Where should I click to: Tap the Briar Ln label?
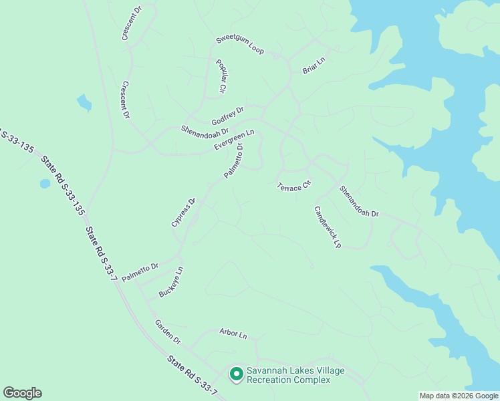pyautogui.click(x=313, y=65)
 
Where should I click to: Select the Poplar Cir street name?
pyautogui.click(x=221, y=76)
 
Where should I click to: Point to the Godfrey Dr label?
pyautogui.click(x=228, y=116)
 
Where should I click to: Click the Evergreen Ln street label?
pyautogui.click(x=234, y=140)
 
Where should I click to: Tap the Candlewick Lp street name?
pyautogui.click(x=328, y=227)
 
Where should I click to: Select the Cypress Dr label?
pyautogui.click(x=182, y=212)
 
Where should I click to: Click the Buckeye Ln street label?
pyautogui.click(x=170, y=283)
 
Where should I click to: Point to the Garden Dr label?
pyautogui.click(x=168, y=331)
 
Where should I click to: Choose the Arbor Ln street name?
pyautogui.click(x=233, y=332)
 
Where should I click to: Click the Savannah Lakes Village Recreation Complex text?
pyautogui.click(x=288, y=375)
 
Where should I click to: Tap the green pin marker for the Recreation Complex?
pyautogui.click(x=236, y=374)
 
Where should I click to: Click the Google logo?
pyautogui.click(x=22, y=393)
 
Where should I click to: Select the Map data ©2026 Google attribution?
pyautogui.click(x=459, y=396)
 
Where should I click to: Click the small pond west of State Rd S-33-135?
pyautogui.click(x=45, y=183)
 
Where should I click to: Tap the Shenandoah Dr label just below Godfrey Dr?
pyautogui.click(x=205, y=128)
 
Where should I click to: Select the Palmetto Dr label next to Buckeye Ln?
pyautogui.click(x=140, y=271)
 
